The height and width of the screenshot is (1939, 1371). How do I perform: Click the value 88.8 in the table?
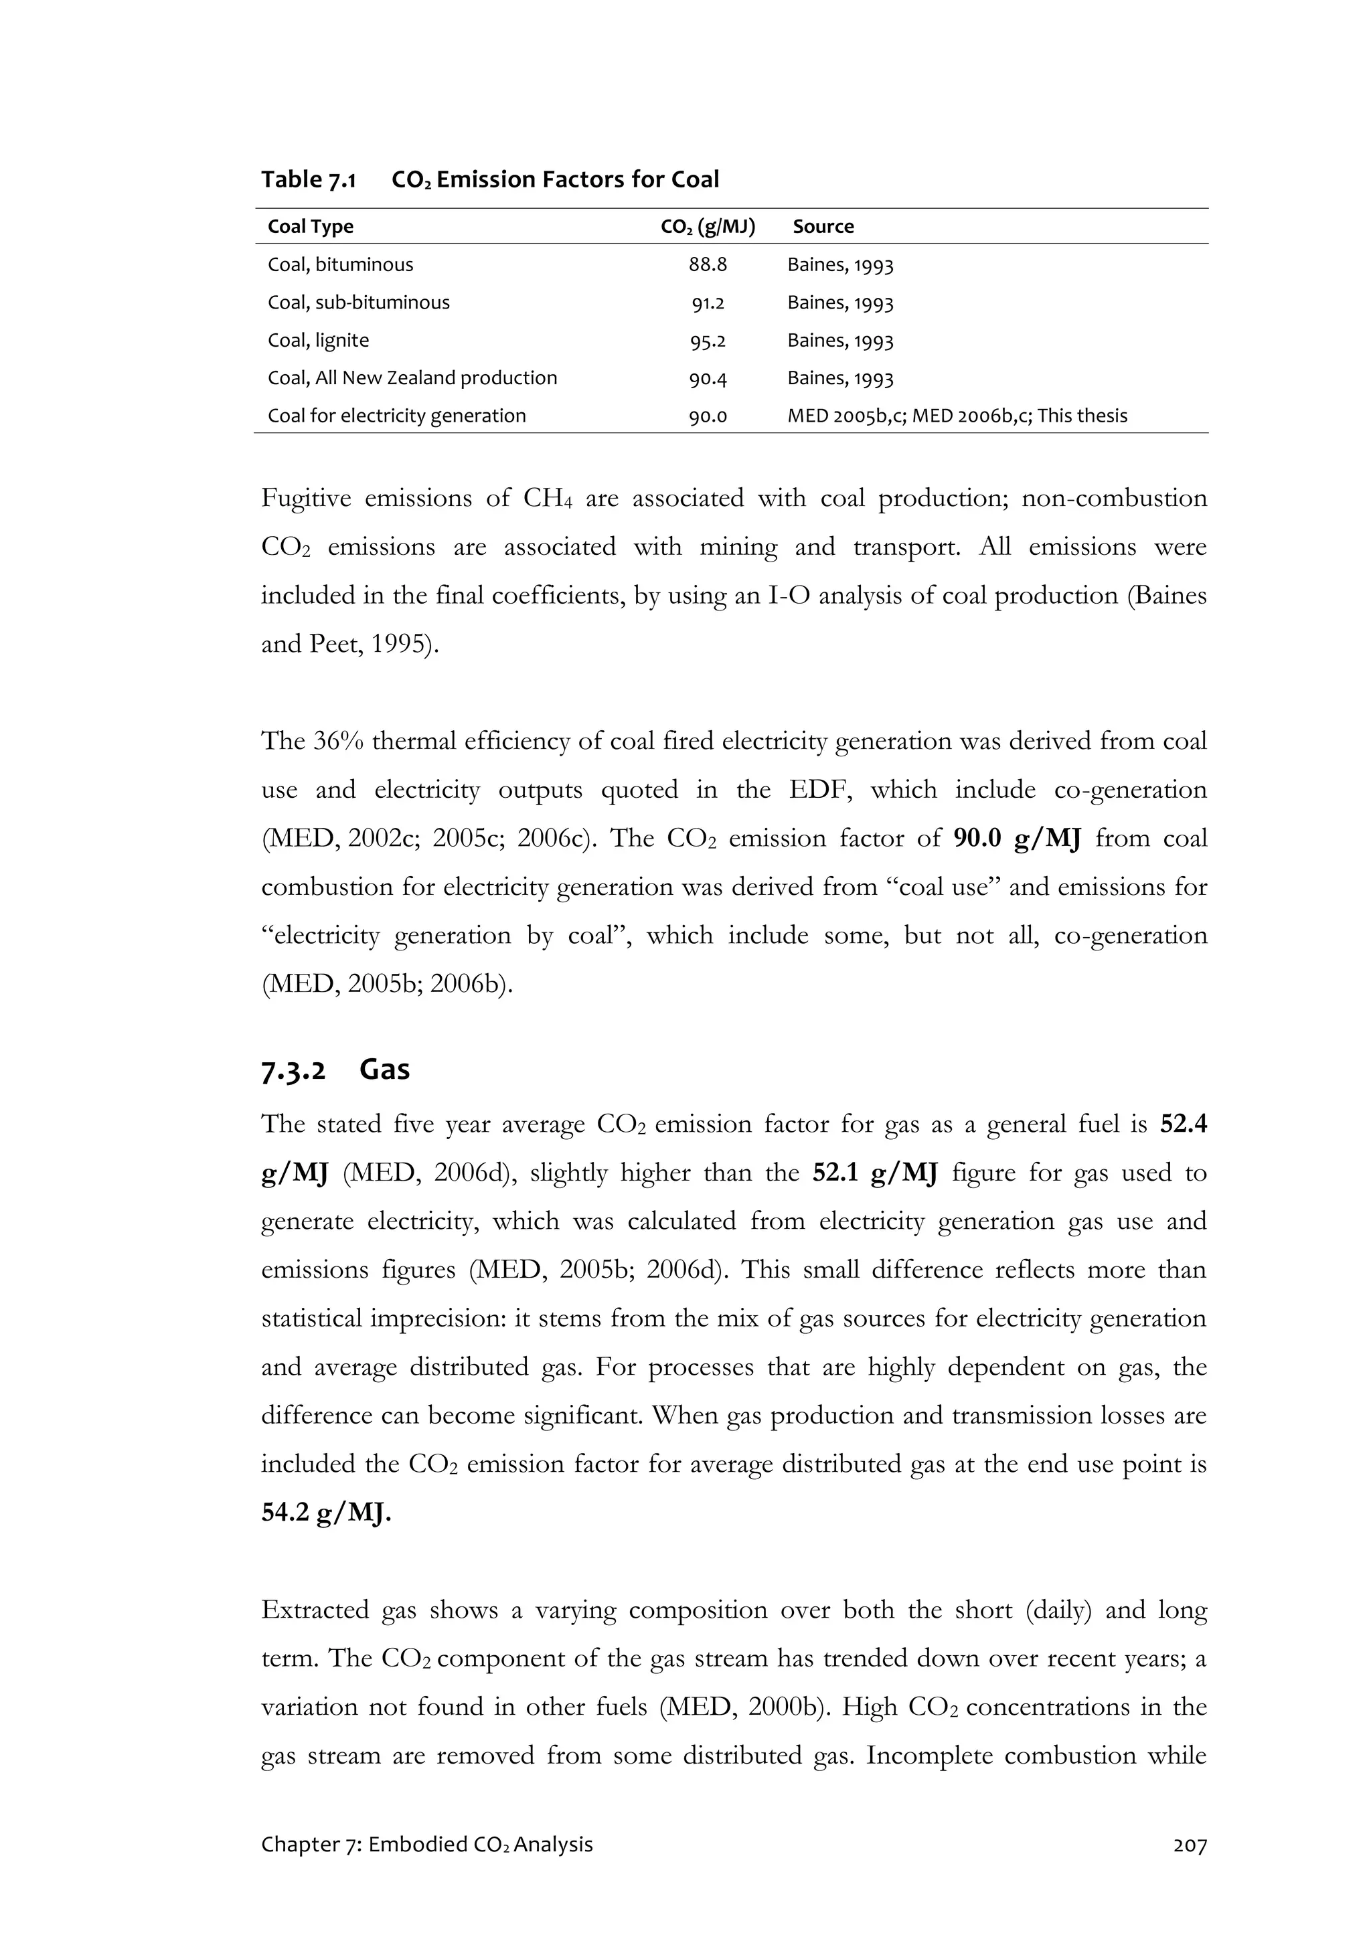(x=707, y=265)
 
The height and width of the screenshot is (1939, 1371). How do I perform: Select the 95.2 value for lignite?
(x=707, y=340)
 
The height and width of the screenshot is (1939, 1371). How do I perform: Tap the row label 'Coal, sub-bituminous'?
(x=358, y=303)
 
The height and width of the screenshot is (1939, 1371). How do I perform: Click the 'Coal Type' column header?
(x=310, y=226)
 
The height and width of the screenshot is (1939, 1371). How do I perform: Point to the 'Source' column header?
(x=823, y=226)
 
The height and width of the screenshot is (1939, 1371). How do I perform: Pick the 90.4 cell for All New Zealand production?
(x=707, y=378)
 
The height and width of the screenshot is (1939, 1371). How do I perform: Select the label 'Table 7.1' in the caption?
(x=309, y=180)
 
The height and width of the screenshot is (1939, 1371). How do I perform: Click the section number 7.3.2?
(x=293, y=1072)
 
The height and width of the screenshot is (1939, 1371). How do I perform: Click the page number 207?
(x=1190, y=1845)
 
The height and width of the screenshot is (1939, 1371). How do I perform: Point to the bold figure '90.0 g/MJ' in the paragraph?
(x=1016, y=839)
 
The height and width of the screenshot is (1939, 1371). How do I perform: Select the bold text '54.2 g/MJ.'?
(x=326, y=1513)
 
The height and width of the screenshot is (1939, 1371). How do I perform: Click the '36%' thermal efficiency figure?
(x=337, y=742)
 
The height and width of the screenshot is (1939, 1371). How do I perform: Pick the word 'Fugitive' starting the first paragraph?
(x=305, y=498)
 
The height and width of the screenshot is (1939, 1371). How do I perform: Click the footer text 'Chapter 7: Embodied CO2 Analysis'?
(x=426, y=1845)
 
